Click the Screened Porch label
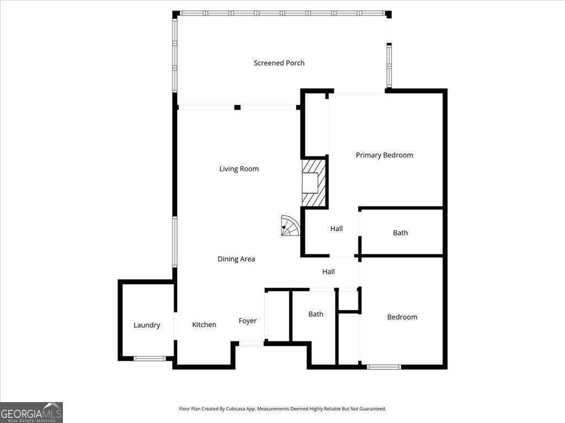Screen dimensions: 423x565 [279, 63]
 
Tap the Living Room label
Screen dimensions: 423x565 [239, 169]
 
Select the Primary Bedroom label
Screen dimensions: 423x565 [384, 155]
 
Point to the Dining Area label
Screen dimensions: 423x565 [236, 259]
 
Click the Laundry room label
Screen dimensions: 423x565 [147, 325]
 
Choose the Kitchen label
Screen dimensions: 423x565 [204, 324]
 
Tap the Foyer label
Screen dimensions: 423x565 [247, 321]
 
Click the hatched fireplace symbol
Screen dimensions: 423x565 [315, 182]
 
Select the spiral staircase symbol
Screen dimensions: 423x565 [290, 225]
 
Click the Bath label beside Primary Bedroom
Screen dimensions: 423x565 [400, 233]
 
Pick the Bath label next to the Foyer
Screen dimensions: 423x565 [316, 314]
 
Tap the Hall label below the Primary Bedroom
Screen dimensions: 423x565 [337, 229]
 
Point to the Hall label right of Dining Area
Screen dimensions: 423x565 [328, 272]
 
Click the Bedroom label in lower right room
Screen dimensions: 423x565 [402, 317]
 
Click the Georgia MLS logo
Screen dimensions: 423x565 [31, 412]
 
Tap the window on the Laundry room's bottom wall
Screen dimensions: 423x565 [150, 359]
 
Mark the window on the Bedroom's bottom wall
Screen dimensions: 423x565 [384, 366]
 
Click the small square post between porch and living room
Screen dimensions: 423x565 [237, 107]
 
